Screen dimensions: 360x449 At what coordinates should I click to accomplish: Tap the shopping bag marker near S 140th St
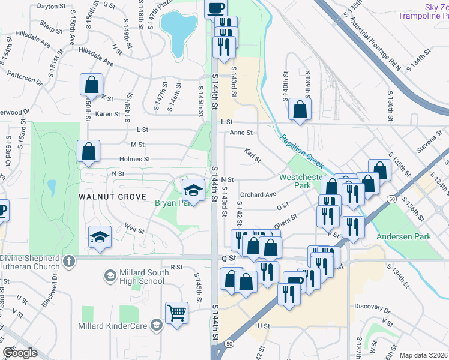click(300, 109)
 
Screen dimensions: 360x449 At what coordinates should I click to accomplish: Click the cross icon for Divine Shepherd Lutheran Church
click(70, 261)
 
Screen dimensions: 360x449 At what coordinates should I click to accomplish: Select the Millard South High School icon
click(110, 275)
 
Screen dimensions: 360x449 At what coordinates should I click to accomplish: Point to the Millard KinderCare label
click(113, 326)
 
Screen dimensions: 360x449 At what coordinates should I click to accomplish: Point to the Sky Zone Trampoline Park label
click(424, 11)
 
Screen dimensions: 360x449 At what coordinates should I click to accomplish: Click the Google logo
click(20, 353)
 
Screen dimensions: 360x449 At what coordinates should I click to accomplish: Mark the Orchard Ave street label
click(258, 195)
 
